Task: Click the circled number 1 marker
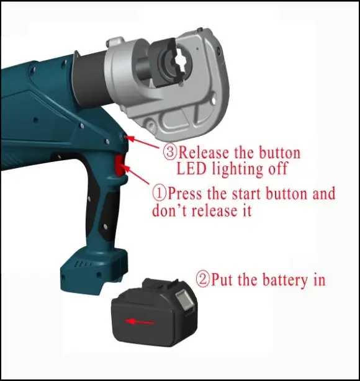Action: point(160,192)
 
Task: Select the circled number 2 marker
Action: point(203,279)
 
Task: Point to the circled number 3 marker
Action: point(170,151)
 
